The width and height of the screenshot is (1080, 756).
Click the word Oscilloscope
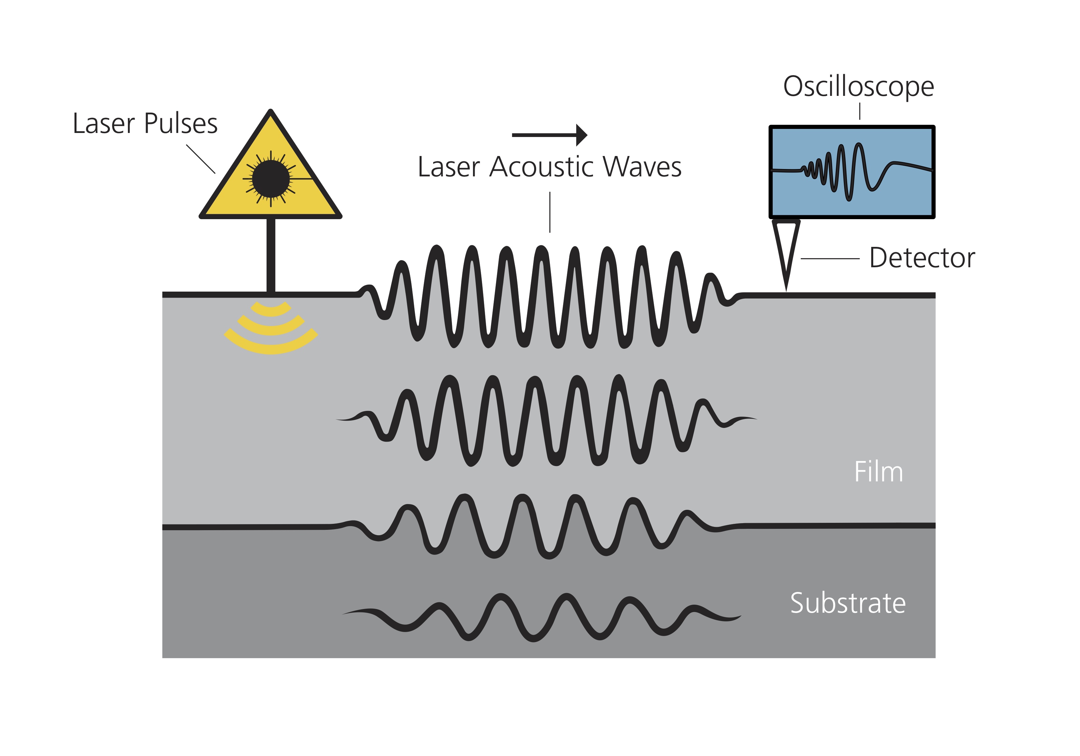[859, 87]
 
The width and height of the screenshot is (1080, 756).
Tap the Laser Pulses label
[145, 123]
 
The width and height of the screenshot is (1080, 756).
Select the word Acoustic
[546, 167]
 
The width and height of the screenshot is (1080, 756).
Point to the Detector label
[922, 258]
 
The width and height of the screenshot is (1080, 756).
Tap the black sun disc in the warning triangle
[271, 179]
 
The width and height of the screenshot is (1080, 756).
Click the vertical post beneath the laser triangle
[271, 256]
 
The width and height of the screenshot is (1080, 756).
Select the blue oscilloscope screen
[852, 172]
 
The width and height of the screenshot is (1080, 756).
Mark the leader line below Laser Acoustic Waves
[550, 212]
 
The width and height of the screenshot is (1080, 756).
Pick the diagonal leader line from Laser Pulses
[201, 159]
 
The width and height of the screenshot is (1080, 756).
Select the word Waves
[642, 167]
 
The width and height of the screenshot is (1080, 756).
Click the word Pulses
[181, 123]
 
